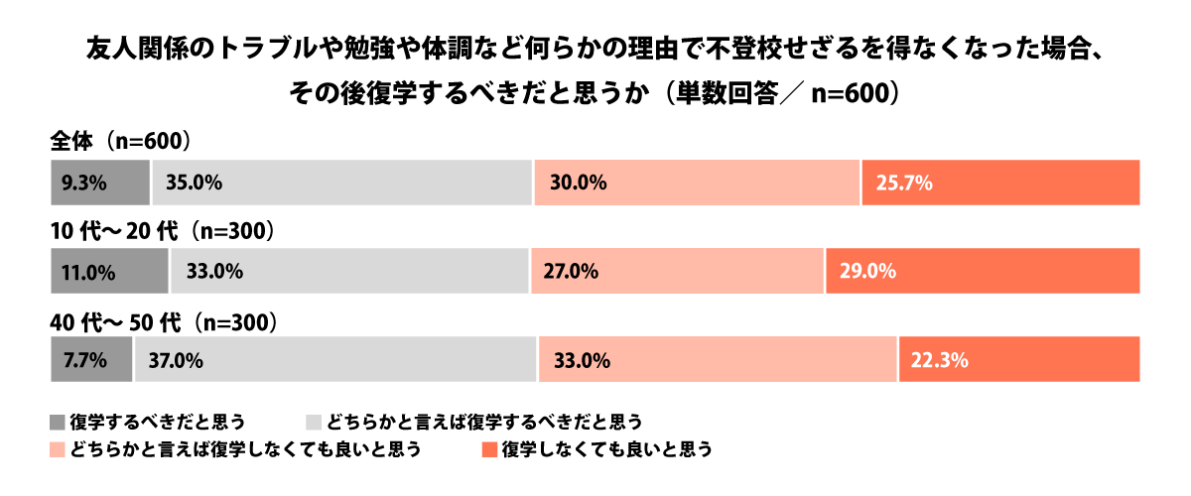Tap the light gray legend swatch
pyautogui.click(x=313, y=421)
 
